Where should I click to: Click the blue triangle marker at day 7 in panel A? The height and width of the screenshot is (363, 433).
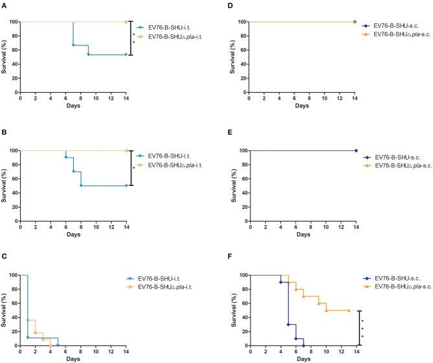coord(73,45)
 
